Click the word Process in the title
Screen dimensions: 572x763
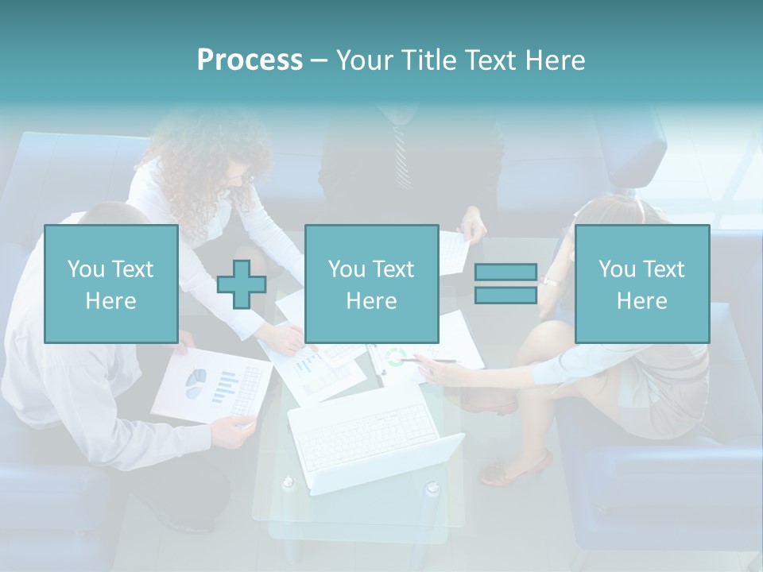click(250, 60)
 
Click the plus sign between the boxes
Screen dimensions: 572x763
click(242, 284)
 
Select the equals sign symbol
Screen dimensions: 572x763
click(505, 284)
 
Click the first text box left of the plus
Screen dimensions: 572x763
click(110, 284)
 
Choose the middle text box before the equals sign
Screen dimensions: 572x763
click(371, 284)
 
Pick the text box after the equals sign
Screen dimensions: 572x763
click(641, 284)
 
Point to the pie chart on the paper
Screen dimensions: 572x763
click(196, 383)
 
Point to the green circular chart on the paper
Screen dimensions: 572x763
click(396, 357)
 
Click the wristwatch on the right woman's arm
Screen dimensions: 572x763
click(551, 281)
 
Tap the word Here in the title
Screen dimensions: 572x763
click(554, 60)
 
